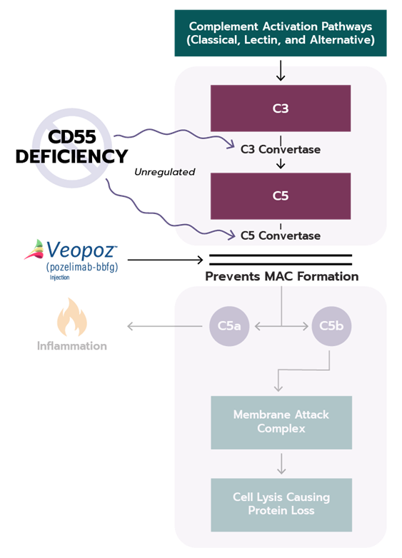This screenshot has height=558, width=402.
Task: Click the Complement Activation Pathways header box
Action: point(281,33)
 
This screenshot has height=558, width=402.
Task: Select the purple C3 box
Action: point(281,108)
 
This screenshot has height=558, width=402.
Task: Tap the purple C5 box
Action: point(281,196)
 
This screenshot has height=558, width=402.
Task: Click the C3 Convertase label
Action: point(281,149)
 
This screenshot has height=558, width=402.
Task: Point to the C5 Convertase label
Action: point(281,235)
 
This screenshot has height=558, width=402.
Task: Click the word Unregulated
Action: point(165,172)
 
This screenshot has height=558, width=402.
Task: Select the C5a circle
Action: point(229,326)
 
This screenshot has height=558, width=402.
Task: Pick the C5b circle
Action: point(331,326)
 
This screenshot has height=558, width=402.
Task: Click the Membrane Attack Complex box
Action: point(281,422)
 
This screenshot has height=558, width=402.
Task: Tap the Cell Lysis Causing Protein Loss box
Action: point(281,505)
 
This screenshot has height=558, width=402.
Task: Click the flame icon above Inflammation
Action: point(72,318)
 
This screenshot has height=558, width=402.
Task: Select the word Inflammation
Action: point(72,346)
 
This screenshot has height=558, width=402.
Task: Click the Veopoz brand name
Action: point(81,250)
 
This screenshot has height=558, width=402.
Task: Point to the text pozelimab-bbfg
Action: point(82,268)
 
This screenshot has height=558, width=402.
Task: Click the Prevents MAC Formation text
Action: point(281,277)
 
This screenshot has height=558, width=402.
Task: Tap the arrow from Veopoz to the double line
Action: point(165,260)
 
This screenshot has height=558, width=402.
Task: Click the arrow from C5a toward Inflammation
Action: point(165,326)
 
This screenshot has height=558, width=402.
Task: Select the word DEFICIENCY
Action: point(71,156)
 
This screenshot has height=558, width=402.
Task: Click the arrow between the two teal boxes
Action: point(281,464)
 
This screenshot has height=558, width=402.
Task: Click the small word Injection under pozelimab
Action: point(59,278)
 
